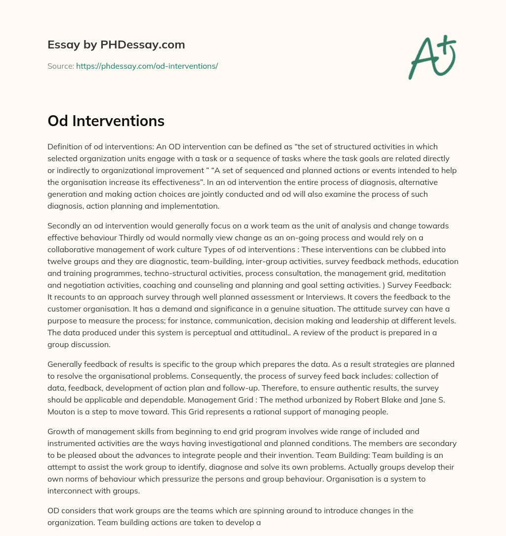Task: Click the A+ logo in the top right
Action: click(431, 57)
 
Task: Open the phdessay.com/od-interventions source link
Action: click(147, 66)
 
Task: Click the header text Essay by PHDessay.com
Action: click(116, 45)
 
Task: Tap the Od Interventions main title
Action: click(106, 121)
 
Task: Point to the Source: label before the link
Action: click(60, 66)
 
